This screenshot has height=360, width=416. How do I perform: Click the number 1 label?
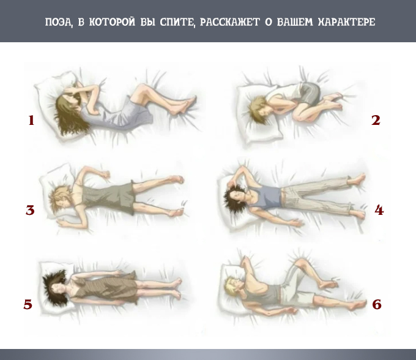tap(31, 120)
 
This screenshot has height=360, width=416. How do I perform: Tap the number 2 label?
tap(376, 120)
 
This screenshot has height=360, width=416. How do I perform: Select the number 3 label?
tap(30, 210)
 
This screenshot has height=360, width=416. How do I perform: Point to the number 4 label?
tap(379, 210)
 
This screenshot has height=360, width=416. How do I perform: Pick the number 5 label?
tap(28, 304)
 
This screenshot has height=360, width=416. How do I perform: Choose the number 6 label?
tap(377, 304)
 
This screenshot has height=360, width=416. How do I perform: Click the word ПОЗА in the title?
tap(59, 22)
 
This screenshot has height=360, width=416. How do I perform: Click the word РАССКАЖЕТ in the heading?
tap(229, 22)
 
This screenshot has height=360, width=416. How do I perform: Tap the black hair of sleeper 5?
tap(54, 287)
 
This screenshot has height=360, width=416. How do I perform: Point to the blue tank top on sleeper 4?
tap(264, 197)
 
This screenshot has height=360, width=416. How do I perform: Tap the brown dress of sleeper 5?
tap(106, 287)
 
